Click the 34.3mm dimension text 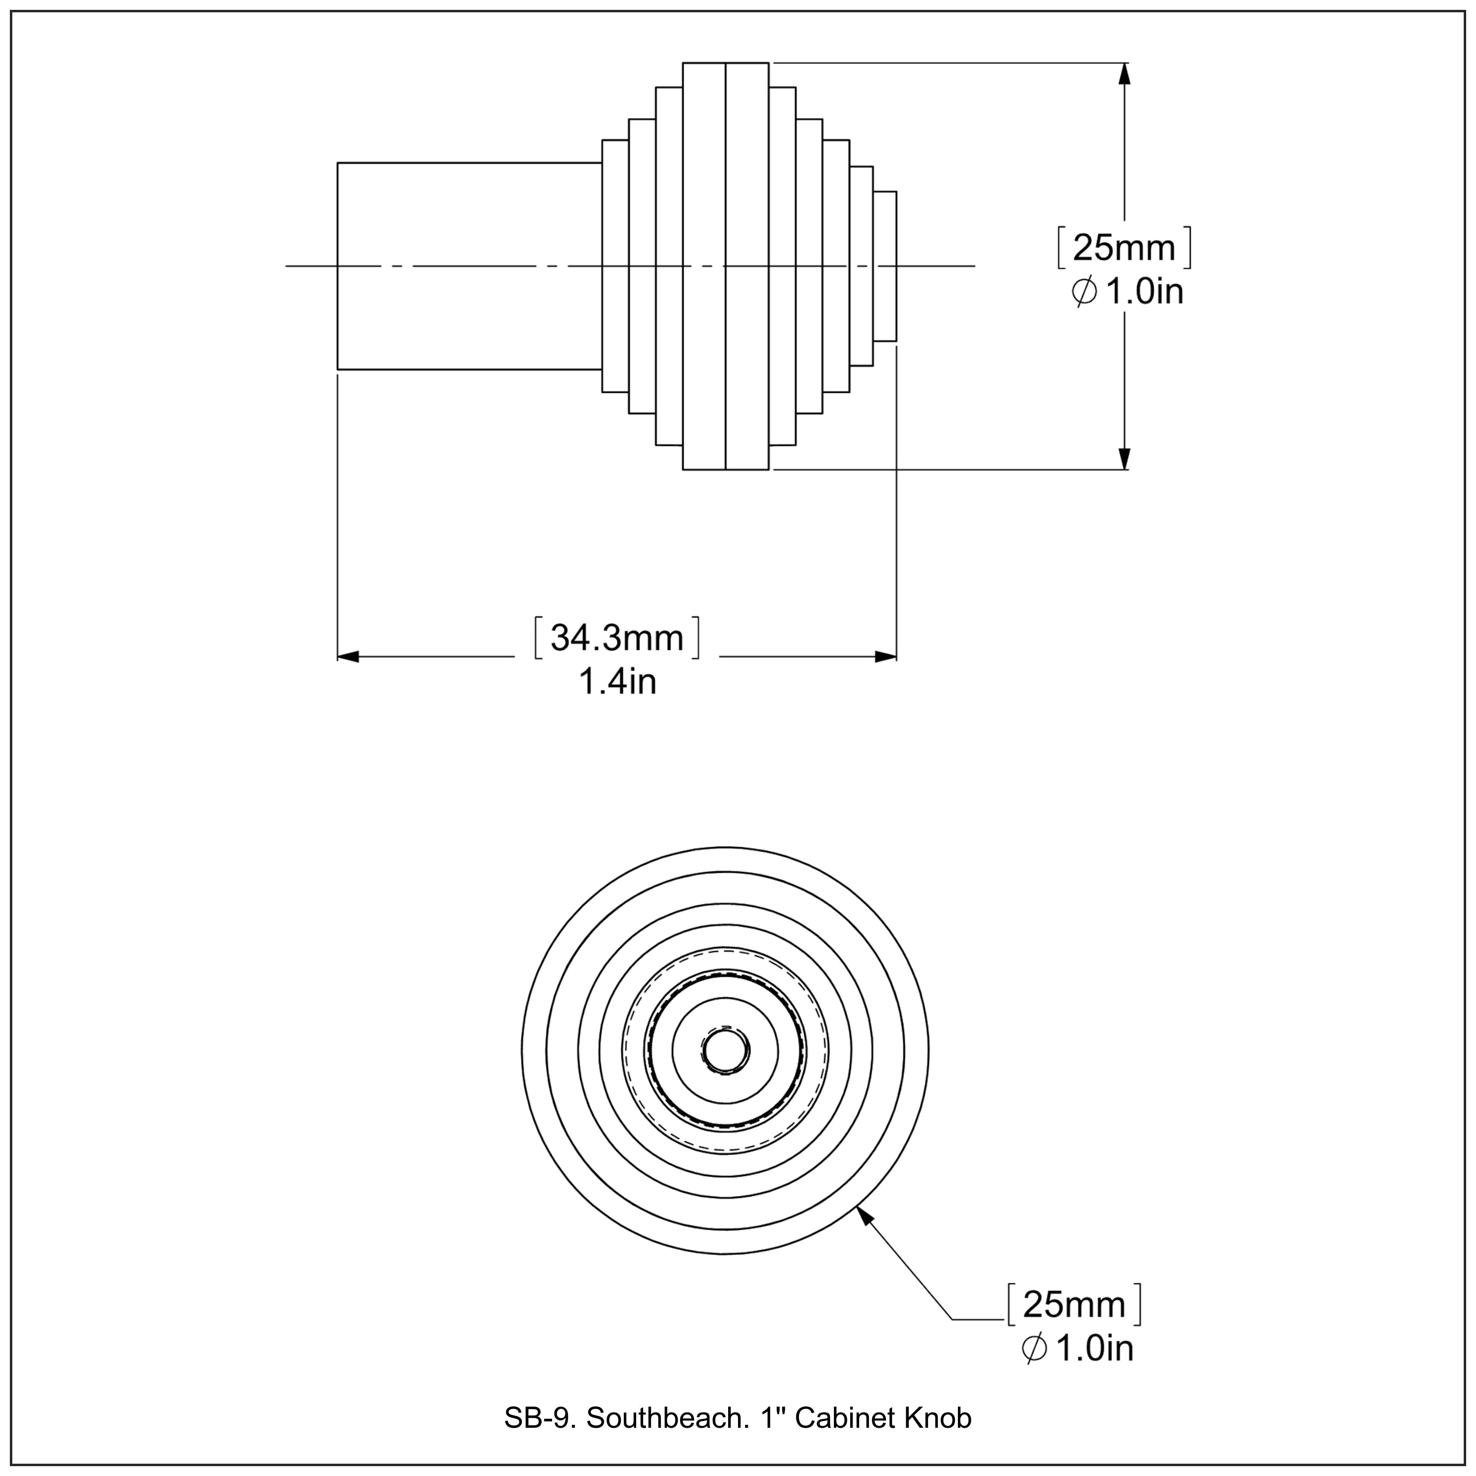pyautogui.click(x=616, y=638)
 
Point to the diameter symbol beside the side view pyautogui.click(x=1084, y=291)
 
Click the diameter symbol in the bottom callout pyautogui.click(x=1034, y=1349)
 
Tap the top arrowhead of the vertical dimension pyautogui.click(x=1124, y=73)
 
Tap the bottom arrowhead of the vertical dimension pyautogui.click(x=1124, y=459)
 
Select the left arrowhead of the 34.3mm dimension pyautogui.click(x=348, y=656)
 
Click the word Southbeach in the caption pyautogui.click(x=668, y=1418)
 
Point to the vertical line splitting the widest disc pyautogui.click(x=725, y=153)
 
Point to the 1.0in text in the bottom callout pyautogui.click(x=1094, y=1349)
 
